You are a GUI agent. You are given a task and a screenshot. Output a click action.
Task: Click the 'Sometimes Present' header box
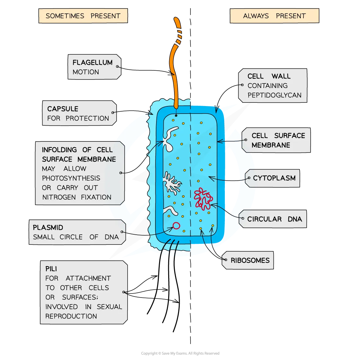click(x=83, y=16)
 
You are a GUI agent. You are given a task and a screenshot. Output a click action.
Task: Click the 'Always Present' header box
click(x=274, y=16)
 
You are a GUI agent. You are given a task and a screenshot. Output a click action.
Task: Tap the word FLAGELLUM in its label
click(x=92, y=63)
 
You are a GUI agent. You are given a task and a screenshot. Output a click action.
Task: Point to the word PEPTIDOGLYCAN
click(x=274, y=95)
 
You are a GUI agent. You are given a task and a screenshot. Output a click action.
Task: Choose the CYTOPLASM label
click(x=274, y=178)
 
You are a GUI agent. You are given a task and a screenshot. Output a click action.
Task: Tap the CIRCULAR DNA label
click(x=274, y=219)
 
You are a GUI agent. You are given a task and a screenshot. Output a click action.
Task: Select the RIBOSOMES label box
click(x=250, y=261)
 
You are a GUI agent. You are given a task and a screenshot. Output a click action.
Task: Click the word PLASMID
click(x=48, y=227)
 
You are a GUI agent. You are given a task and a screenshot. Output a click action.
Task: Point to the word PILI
click(x=51, y=269)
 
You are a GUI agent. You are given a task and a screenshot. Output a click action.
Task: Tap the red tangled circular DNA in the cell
click(x=203, y=198)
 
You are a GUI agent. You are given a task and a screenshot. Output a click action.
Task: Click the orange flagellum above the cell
click(x=176, y=65)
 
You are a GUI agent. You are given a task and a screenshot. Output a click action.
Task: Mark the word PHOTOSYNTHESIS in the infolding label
click(x=71, y=178)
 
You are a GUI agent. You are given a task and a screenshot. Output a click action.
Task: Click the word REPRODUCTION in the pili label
click(x=71, y=316)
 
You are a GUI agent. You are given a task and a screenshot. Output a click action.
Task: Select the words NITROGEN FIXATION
click(x=77, y=197)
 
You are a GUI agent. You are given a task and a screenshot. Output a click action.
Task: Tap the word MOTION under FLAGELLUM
click(x=85, y=72)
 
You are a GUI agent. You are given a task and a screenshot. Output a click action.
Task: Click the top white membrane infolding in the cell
click(x=171, y=139)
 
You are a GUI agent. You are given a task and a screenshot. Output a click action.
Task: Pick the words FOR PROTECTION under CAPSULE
click(x=78, y=118)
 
